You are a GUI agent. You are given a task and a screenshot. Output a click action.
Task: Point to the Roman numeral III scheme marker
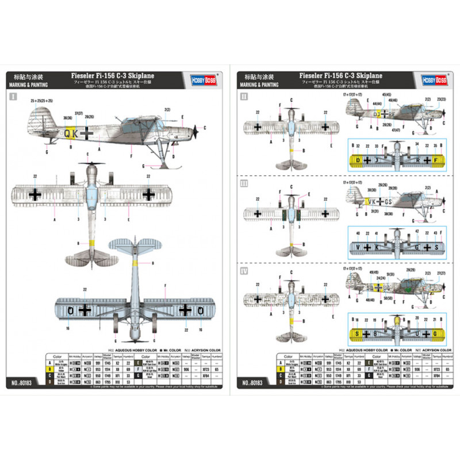point(245,183)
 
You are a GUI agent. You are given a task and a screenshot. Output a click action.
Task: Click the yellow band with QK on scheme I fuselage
point(71,133)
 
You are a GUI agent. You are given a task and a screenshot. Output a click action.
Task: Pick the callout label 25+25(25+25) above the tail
point(42,101)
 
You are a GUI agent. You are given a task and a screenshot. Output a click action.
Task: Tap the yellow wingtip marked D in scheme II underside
point(358,160)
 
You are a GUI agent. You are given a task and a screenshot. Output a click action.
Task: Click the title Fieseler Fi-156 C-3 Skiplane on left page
point(113,75)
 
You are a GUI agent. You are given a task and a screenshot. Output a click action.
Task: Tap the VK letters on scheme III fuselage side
point(372,201)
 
